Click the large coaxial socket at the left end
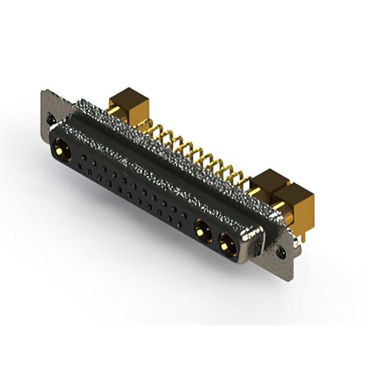point(61,152)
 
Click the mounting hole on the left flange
point(50,120)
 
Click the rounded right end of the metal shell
point(255,242)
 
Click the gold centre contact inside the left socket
point(61,153)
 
